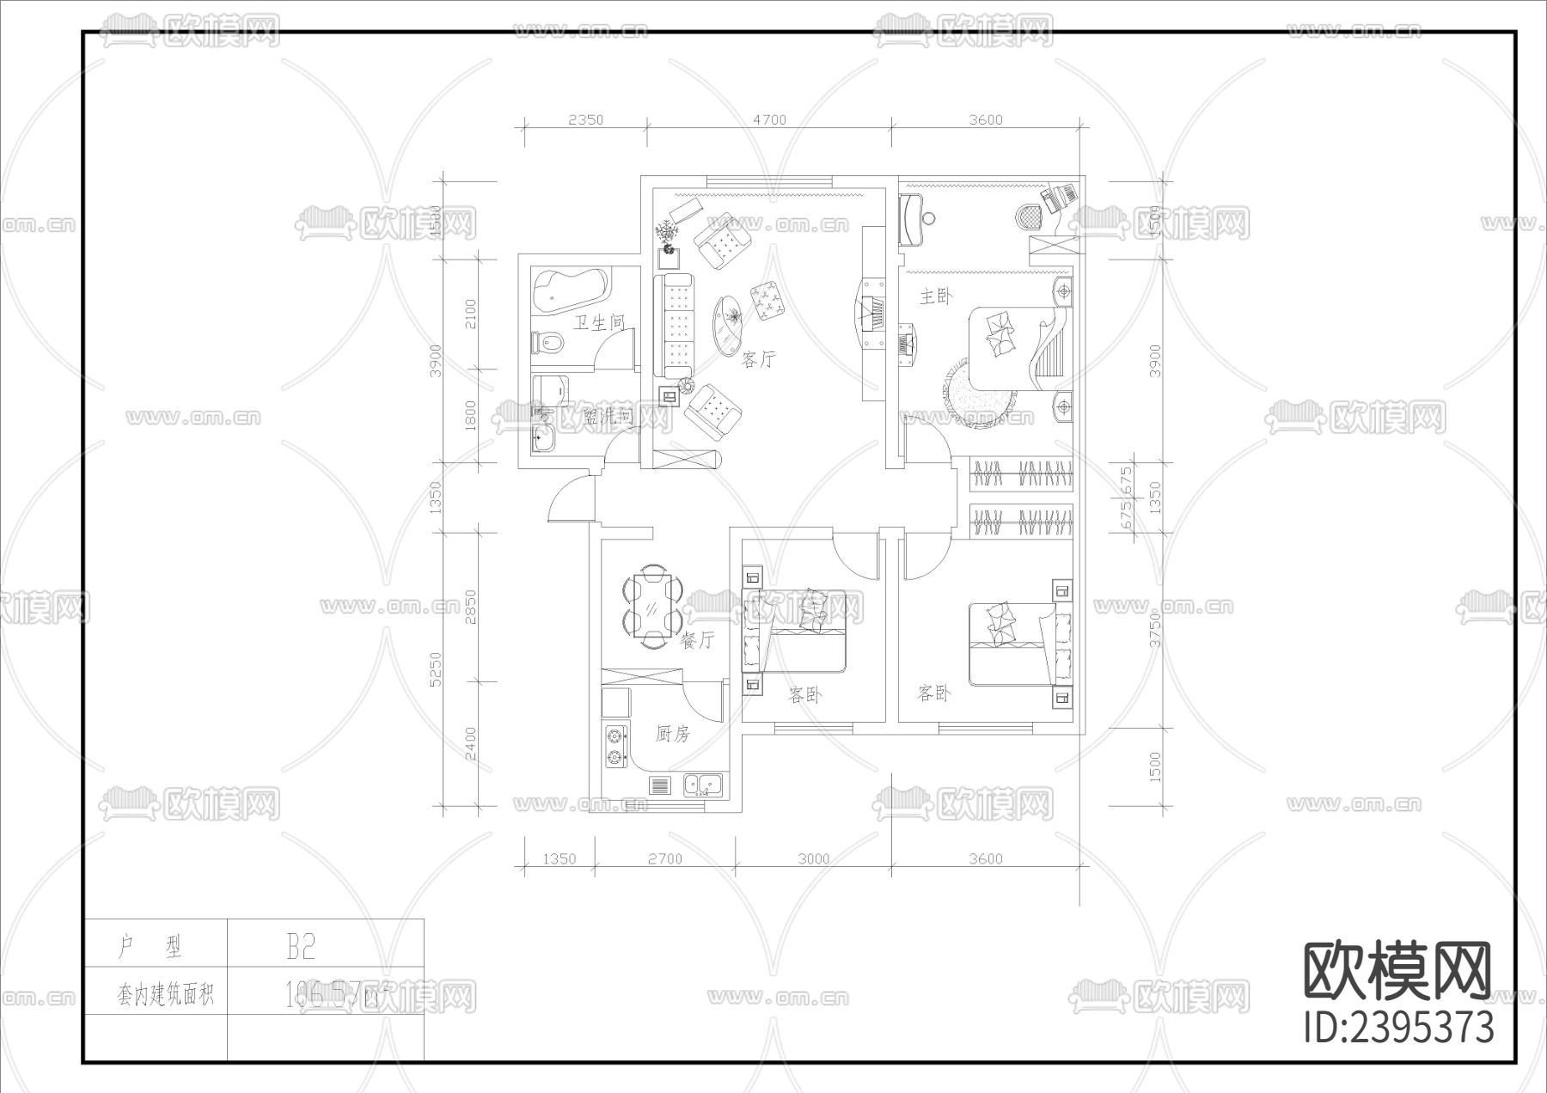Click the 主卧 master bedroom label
click(x=936, y=297)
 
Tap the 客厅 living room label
click(x=757, y=360)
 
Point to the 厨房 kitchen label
click(x=672, y=734)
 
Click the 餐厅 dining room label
click(x=696, y=641)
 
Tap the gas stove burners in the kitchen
click(x=615, y=747)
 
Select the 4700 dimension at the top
click(x=769, y=120)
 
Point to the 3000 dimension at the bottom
click(x=813, y=858)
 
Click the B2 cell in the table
click(x=301, y=947)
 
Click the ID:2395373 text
click(x=1399, y=1028)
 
